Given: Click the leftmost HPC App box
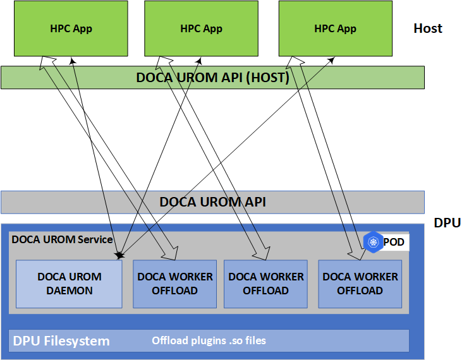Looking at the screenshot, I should click(71, 28).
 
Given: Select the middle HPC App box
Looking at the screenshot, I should click(201, 28).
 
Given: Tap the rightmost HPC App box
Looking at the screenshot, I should click(335, 28).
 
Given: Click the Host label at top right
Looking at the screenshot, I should click(428, 28).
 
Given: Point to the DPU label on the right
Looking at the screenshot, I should click(447, 223).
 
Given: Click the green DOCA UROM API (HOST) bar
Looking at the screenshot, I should click(212, 78).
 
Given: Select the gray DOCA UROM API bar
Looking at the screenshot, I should click(212, 202).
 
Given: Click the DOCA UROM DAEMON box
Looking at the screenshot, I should click(69, 284).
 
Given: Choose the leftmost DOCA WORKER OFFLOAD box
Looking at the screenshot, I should click(175, 284).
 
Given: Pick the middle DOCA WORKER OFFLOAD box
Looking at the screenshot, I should click(265, 284).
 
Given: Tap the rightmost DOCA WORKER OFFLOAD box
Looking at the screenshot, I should click(360, 284).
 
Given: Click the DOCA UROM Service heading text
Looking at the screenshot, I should click(62, 239).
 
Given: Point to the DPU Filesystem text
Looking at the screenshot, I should click(61, 342).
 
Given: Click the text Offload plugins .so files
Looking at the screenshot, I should click(209, 341).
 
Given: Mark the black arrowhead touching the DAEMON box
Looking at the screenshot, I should click(118, 256).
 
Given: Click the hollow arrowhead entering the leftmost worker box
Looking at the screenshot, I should click(171, 255).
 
